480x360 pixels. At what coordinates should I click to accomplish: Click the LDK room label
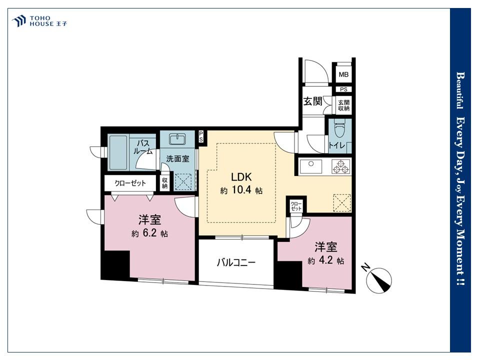coord(241,177)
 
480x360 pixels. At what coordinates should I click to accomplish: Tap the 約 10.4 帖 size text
coord(241,190)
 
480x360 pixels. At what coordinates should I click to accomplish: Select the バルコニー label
coord(236,262)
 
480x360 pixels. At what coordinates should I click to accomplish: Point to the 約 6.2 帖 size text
coord(149,233)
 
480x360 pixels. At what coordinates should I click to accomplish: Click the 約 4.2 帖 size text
coord(325,260)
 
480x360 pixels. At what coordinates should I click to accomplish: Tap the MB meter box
coord(343,74)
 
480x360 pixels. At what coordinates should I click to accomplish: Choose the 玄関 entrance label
coord(312,101)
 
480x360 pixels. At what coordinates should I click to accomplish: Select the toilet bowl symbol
coord(339,129)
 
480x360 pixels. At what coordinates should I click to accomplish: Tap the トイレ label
coord(336,145)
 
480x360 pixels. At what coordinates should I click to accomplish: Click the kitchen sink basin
coord(310,166)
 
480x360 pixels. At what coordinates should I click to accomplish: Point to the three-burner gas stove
coord(341,166)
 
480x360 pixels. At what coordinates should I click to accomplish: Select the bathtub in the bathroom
coord(118,152)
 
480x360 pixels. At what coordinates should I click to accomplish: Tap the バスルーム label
coord(142,147)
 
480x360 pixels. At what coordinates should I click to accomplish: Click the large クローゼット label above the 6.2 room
coord(130,183)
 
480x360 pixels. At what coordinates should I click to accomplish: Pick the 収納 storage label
coord(164,183)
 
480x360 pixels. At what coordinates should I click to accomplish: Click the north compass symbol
coord(379,279)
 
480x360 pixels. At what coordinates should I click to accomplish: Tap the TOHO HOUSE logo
coord(39,21)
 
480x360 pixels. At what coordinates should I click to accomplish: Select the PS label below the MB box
coord(344,89)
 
